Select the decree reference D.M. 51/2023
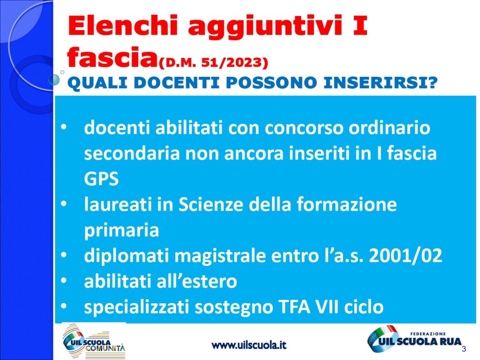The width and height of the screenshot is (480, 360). point(213,63)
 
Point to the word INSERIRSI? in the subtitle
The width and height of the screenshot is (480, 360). point(381,82)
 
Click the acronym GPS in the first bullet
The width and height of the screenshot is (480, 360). point(101,179)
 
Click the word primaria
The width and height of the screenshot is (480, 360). point(121,231)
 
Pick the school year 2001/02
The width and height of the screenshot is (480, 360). point(405,255)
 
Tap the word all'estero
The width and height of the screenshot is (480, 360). point(197,281)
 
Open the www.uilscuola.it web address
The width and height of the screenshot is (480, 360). point(249,345)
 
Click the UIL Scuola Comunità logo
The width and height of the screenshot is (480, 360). point(94,341)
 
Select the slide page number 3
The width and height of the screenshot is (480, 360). point(464,349)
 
